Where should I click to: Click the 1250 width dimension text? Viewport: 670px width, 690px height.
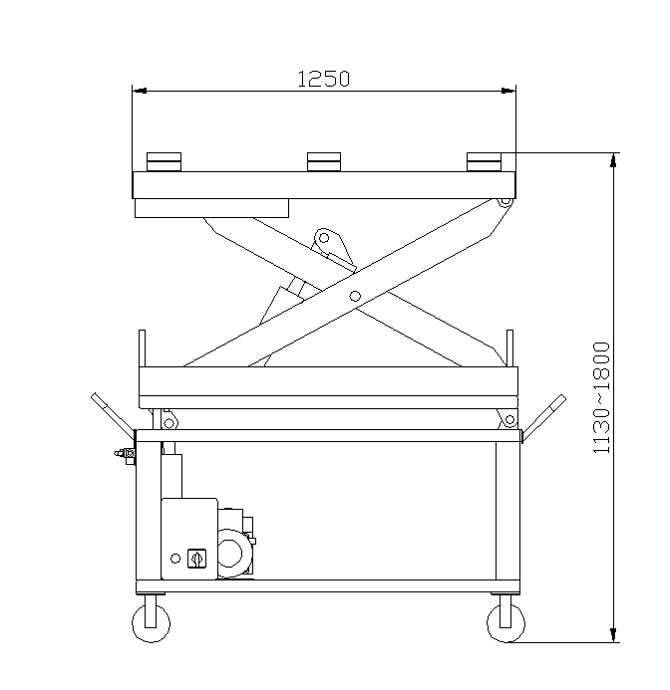pos(324,79)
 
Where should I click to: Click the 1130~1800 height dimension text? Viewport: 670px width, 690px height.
pos(601,397)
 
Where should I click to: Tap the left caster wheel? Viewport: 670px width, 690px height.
pos(152,623)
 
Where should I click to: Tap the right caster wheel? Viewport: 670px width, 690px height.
pos(506,623)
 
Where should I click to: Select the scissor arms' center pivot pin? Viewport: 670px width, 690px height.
pos(355,296)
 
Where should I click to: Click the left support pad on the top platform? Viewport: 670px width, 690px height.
pos(164,162)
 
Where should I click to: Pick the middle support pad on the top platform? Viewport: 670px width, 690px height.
pos(324,162)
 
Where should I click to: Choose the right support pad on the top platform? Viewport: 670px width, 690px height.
pos(484,162)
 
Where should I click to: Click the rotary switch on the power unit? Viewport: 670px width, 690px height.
pos(196,559)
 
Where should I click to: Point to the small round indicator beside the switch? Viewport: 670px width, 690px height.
pos(175,559)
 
